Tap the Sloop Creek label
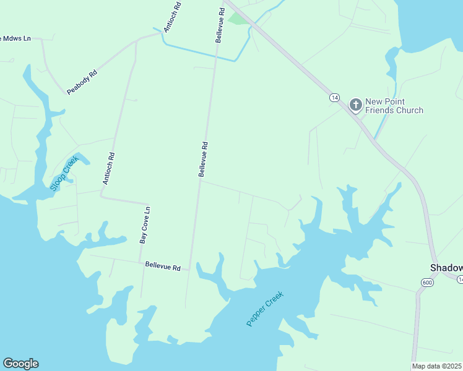(65, 173)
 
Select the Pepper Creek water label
(264, 309)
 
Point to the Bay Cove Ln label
(145, 225)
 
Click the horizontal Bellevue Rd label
(163, 266)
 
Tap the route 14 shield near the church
(334, 98)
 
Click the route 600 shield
(427, 282)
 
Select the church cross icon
(355, 104)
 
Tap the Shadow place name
(446, 268)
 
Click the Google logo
(20, 364)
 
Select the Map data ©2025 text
(437, 366)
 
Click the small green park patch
(238, 18)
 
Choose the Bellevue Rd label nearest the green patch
(219, 25)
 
